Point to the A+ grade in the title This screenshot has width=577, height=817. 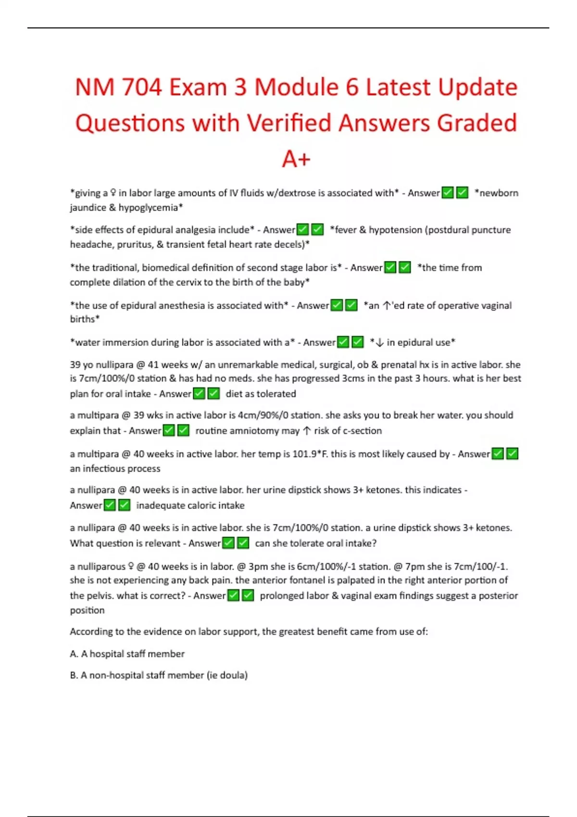pyautogui.click(x=296, y=159)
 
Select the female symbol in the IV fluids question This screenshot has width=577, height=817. pyautogui.click(x=113, y=193)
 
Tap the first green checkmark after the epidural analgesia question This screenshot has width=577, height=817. pyautogui.click(x=303, y=230)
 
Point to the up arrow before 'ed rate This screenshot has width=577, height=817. pyautogui.click(x=386, y=306)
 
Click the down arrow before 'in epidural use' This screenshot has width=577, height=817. pyautogui.click(x=380, y=343)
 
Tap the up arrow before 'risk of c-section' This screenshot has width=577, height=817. pyautogui.click(x=307, y=431)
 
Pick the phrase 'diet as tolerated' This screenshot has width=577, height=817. pyautogui.click(x=261, y=394)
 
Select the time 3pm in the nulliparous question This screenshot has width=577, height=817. pyautogui.click(x=258, y=567)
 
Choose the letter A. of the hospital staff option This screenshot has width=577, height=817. pyautogui.click(x=74, y=654)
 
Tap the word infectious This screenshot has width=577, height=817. pyautogui.click(x=111, y=469)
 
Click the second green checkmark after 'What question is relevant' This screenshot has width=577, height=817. pyautogui.click(x=243, y=543)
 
